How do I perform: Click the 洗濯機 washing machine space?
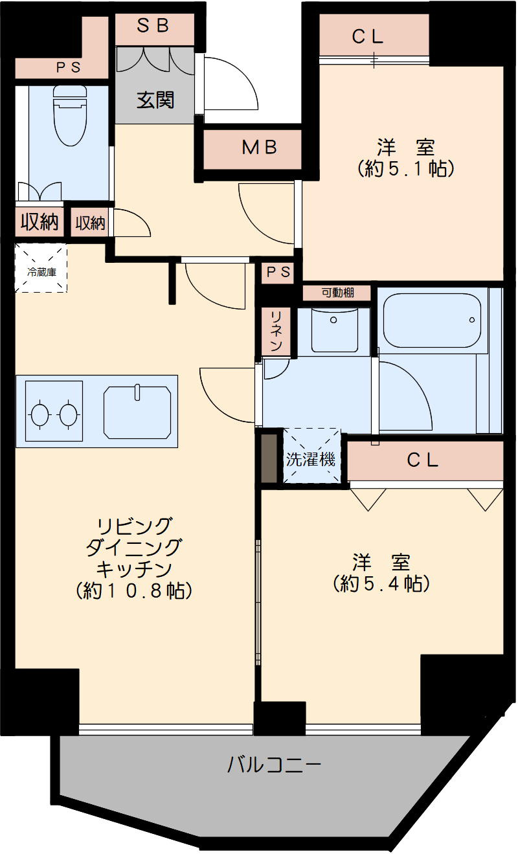tap(311, 460)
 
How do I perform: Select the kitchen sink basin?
tap(137, 412)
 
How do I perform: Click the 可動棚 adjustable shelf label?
tap(337, 293)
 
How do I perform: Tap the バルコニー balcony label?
tap(275, 766)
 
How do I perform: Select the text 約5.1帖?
tap(405, 169)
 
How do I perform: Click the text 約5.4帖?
tap(382, 583)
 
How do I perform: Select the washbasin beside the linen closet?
tap(333, 328)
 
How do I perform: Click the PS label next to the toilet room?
tap(67, 67)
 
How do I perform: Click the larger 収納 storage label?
tap(39, 222)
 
